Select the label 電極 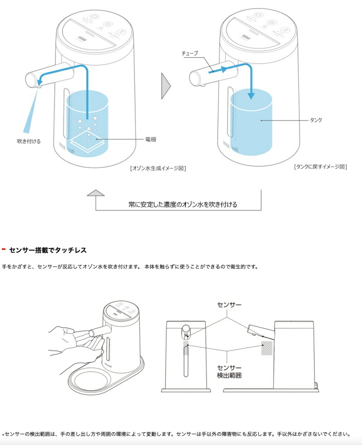click(151, 140)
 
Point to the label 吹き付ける click(29, 141)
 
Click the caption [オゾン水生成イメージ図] click(158, 168)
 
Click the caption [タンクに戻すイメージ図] click(320, 167)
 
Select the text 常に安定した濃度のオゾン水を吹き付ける click(182, 204)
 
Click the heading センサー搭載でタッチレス click(48, 250)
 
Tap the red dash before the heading click(4, 249)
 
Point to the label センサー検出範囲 click(229, 371)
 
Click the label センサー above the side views click(229, 305)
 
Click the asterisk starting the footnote click(3, 435)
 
